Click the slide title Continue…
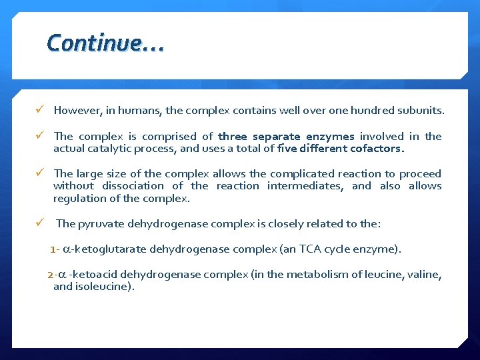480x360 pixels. (105, 43)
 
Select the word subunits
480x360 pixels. (421, 109)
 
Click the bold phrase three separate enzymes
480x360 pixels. (286, 136)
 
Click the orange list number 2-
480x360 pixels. (51, 275)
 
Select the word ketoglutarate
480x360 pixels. (109, 249)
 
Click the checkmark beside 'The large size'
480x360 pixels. (41, 173)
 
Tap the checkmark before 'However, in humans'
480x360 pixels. (41, 109)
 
